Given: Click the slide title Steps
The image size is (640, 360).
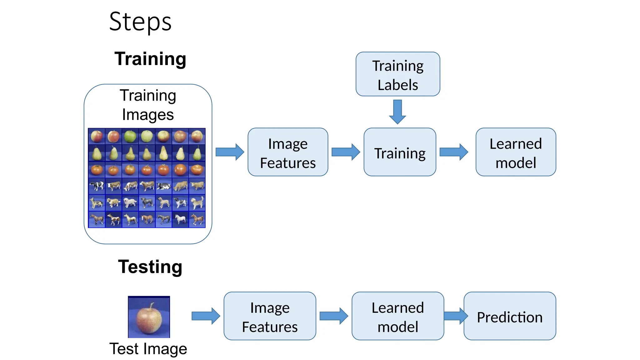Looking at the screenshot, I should point(140,22).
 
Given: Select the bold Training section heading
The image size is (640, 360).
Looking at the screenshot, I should point(150,59).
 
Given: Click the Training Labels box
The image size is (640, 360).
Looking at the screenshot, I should point(397,74).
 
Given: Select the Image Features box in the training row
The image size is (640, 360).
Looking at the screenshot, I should point(288,152).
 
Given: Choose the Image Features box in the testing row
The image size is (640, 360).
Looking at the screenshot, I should point(270,316).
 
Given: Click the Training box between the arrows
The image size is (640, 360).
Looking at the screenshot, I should point(400,152).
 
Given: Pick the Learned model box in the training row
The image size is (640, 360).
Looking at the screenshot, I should point(516,152).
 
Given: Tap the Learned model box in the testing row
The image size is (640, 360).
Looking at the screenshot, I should point(397,316).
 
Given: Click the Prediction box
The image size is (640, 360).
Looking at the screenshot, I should point(510,316).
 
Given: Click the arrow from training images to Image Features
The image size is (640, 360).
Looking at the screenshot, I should point(230,152).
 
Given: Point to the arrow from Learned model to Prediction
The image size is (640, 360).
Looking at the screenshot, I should point(455,316).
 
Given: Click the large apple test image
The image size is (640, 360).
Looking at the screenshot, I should point(149,317).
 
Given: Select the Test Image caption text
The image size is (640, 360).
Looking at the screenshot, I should point(148,349).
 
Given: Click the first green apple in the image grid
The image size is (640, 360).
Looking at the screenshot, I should point(130,136).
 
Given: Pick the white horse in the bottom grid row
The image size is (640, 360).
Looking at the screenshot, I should point(180,219).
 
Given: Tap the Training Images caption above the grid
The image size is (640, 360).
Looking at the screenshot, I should point(148,105).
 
